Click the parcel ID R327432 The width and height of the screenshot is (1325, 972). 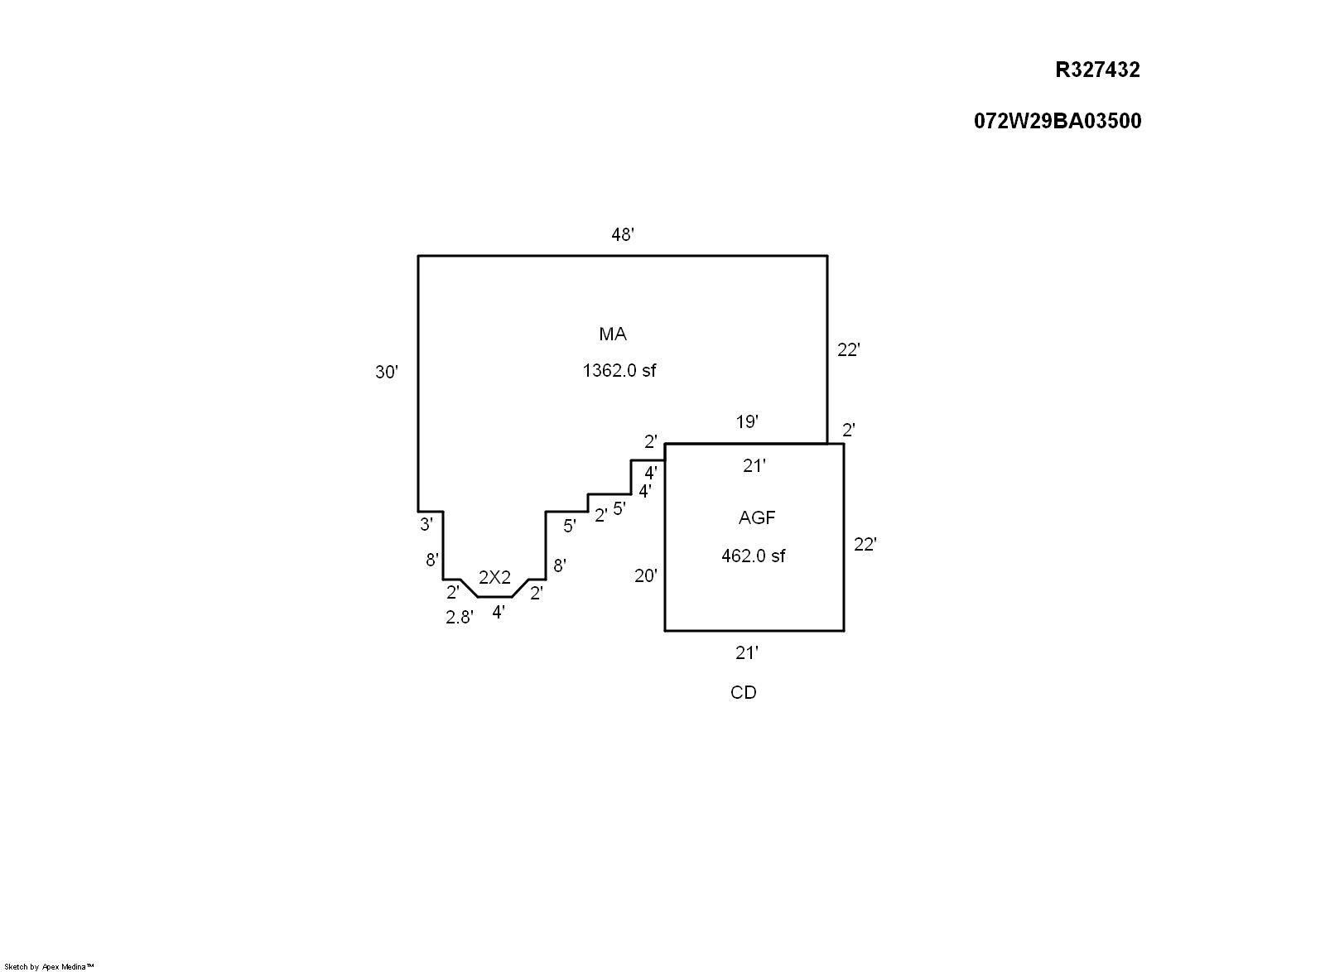pyautogui.click(x=1097, y=70)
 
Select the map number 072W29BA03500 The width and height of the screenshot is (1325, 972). pyautogui.click(x=1058, y=122)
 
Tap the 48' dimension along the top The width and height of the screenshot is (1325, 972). pyautogui.click(x=623, y=236)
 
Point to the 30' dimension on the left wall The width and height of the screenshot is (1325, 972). pyautogui.click(x=387, y=373)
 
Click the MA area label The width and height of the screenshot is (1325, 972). pyautogui.click(x=613, y=334)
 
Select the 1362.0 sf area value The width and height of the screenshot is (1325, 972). pyautogui.click(x=619, y=371)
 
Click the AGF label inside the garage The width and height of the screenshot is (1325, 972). pyautogui.click(x=757, y=518)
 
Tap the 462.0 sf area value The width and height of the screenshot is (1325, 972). pyautogui.click(x=754, y=556)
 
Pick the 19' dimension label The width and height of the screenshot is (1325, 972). pyautogui.click(x=747, y=422)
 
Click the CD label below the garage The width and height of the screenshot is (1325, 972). pyautogui.click(x=744, y=693)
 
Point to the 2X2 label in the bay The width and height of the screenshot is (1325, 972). pyautogui.click(x=494, y=578)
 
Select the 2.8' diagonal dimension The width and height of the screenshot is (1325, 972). pyautogui.click(x=460, y=617)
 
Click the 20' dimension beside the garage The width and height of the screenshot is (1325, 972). pyautogui.click(x=646, y=576)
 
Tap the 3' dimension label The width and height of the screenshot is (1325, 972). pyautogui.click(x=426, y=524)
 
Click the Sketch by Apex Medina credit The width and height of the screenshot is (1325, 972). pyautogui.click(x=50, y=966)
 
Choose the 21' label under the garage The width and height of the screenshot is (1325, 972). pyautogui.click(x=747, y=653)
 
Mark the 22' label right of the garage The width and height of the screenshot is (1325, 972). pyautogui.click(x=865, y=545)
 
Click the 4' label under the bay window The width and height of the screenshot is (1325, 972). pyautogui.click(x=499, y=613)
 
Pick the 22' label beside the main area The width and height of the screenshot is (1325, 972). pyautogui.click(x=849, y=350)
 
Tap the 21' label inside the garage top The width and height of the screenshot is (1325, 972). pyautogui.click(x=754, y=467)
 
